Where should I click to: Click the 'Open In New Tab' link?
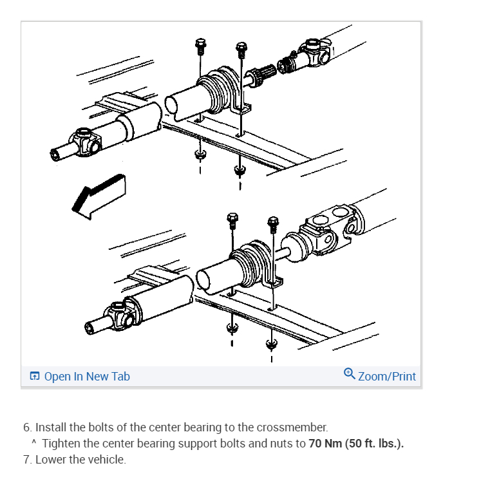(86, 377)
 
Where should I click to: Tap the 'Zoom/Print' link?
(386, 377)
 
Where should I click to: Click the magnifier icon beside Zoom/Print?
(349, 373)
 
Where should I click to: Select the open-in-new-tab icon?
(35, 377)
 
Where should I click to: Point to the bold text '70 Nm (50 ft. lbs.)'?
(356, 444)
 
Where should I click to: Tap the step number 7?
(26, 460)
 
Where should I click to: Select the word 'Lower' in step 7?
(51, 460)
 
